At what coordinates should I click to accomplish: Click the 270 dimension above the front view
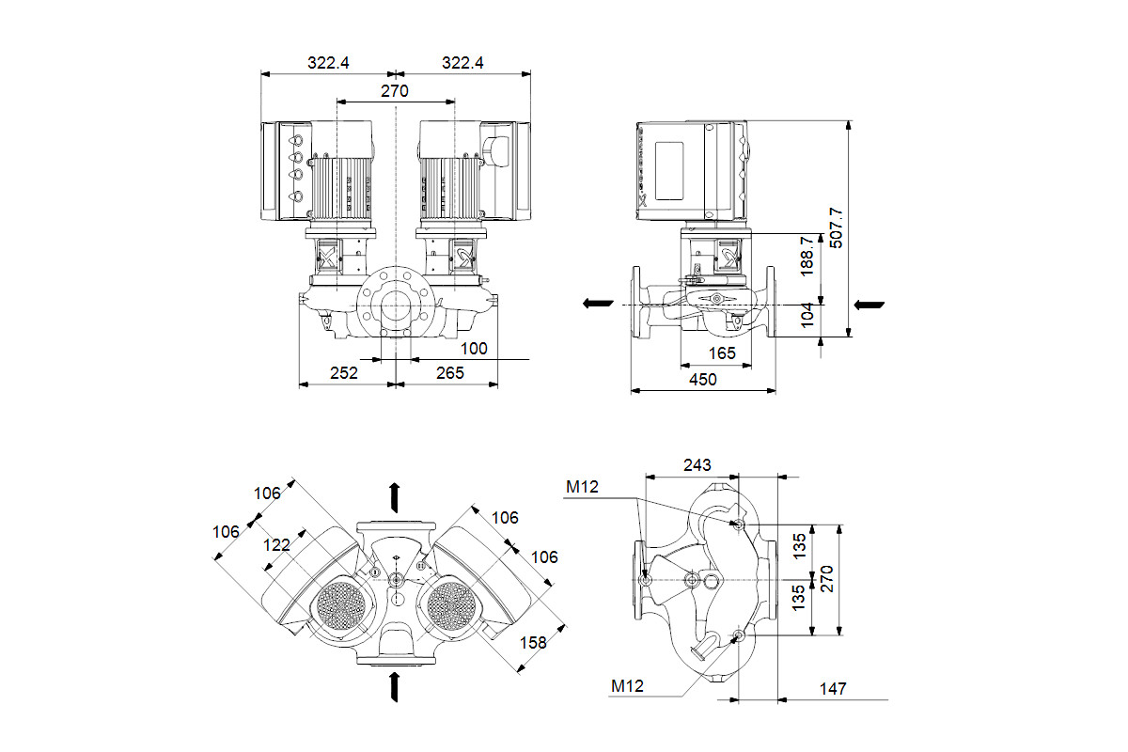[395, 91]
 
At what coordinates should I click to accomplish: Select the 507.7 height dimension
[837, 227]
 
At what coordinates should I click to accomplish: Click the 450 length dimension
[702, 380]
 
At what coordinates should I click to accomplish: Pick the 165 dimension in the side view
[721, 354]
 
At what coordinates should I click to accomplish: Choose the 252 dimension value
[345, 373]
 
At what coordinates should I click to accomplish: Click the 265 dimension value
[450, 373]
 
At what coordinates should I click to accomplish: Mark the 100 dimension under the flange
[474, 349]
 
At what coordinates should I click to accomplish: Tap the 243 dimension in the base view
[697, 465]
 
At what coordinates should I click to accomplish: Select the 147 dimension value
[832, 689]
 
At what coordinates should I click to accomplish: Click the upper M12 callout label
[581, 486]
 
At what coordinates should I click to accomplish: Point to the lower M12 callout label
[627, 687]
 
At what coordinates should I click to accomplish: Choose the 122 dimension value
[276, 544]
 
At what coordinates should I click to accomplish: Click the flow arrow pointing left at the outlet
[597, 304]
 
